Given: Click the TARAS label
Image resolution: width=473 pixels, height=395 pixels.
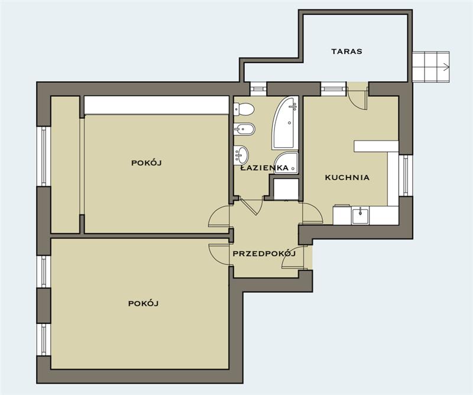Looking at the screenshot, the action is [346, 51].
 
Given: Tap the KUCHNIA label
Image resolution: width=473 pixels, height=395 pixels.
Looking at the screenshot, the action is [347, 177].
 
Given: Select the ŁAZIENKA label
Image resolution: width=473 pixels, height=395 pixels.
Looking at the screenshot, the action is [264, 168].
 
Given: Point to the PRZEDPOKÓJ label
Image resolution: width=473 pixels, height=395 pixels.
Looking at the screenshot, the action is [264, 254].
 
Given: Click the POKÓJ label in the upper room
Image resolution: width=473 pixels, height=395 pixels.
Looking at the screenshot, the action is [146, 163].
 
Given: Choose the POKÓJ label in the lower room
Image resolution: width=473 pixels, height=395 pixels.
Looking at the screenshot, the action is [143, 303].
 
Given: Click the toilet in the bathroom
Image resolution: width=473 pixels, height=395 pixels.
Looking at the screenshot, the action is [244, 109].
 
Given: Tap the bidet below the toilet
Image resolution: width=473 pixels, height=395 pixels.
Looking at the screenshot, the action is [244, 129].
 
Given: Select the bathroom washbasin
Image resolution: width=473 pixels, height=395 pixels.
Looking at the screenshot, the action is [241, 155].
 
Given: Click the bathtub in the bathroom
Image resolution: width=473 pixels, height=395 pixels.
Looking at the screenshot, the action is [285, 123].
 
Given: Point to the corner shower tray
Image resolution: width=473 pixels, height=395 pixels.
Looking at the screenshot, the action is [286, 163].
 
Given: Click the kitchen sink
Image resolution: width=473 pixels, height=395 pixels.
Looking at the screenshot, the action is [360, 215].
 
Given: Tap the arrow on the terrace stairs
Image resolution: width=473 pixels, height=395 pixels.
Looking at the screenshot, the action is [446, 67].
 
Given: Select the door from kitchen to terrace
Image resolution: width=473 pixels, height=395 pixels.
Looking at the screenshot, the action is [357, 96].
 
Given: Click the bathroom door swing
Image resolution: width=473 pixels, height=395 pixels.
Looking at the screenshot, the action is [250, 207].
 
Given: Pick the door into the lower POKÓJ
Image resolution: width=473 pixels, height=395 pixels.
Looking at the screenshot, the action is [220, 254].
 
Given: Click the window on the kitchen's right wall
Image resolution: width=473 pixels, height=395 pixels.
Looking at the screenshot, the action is [406, 176].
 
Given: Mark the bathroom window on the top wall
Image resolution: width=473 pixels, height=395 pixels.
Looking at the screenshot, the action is [258, 89].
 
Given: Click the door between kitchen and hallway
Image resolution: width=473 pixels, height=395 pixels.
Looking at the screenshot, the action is [312, 213].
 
